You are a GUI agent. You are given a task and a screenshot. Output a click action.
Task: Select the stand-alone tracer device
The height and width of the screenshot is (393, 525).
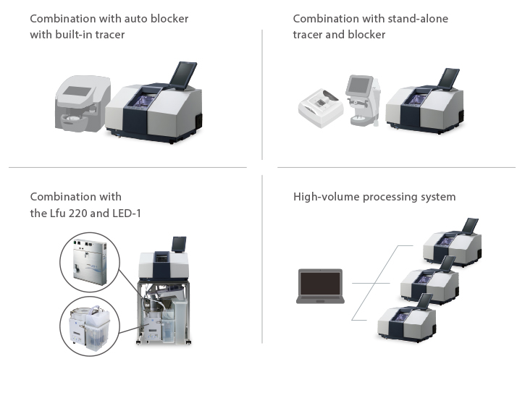[x=320, y=109]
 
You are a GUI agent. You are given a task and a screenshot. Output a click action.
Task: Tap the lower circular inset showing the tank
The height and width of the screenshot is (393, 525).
[x=89, y=325]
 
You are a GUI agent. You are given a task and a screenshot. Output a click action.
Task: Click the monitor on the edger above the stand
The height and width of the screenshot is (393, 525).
[x=177, y=244]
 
